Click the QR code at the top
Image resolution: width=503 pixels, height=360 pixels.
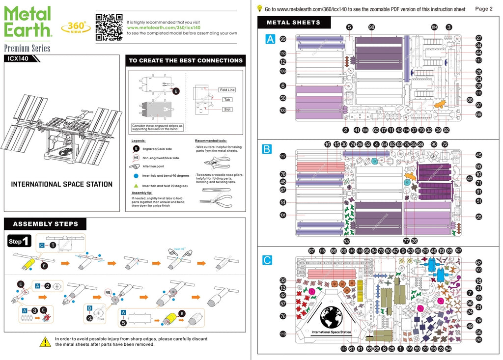point(109,27)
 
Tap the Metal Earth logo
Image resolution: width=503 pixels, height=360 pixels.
point(28,22)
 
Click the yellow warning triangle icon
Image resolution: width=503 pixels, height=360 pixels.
point(45,341)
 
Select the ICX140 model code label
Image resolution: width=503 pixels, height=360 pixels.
point(18,58)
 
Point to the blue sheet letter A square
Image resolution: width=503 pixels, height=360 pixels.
point(270,39)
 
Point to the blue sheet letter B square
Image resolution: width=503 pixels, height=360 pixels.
point(267,149)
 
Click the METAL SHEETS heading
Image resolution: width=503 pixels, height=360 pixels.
point(293,23)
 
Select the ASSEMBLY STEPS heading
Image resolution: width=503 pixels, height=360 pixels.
point(45,224)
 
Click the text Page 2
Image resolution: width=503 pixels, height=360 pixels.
point(484,9)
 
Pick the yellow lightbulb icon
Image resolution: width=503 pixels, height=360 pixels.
point(259,8)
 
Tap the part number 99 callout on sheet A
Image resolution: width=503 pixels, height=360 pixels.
point(283,39)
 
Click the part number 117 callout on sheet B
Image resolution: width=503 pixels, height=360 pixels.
point(283,157)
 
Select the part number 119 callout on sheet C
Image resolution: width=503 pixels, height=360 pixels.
point(283,334)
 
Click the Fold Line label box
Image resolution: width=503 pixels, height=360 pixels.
point(227,90)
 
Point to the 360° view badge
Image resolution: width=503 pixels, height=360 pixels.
point(76,27)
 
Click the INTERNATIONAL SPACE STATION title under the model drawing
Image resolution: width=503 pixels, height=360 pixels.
point(61,185)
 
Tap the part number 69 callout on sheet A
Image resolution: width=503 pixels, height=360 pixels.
point(478,114)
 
